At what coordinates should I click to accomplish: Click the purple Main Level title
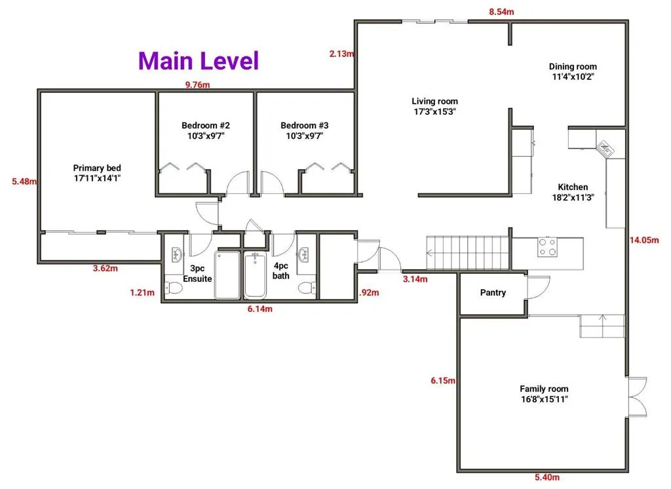(x=199, y=60)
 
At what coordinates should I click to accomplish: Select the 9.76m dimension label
(x=197, y=85)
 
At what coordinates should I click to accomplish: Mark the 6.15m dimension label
(x=443, y=380)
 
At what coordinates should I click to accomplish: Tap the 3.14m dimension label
(x=415, y=279)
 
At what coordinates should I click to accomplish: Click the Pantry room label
(x=493, y=293)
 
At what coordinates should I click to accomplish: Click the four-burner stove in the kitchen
(x=548, y=247)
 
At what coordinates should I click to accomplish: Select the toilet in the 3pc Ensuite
(x=174, y=286)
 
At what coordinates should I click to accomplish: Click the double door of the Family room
(x=637, y=397)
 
